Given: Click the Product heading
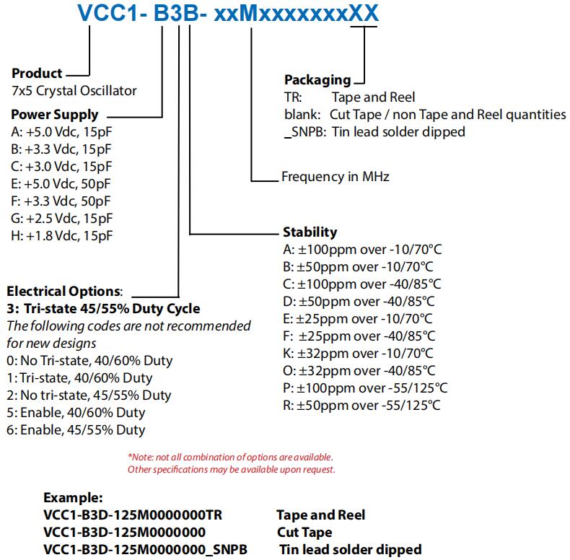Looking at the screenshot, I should pos(37,74).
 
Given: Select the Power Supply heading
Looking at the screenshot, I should pos(55,115).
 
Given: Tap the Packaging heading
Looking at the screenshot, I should pos(317,80).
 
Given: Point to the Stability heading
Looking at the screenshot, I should pos(309,232).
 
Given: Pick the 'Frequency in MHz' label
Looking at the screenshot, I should pos(336,176).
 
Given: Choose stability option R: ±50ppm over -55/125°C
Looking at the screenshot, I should pos(361,405).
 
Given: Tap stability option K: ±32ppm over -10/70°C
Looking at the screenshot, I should pos(358,353).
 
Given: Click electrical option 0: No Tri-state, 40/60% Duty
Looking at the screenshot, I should pos(89,360).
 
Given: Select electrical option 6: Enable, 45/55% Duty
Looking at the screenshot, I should pos(76,429).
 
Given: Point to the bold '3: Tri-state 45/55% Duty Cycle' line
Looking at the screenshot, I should pos(103,309).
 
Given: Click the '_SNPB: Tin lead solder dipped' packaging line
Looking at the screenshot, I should pos(374,131).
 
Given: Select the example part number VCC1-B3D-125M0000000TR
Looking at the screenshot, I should pos(133,515).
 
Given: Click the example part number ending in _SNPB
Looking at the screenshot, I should pos(145,549).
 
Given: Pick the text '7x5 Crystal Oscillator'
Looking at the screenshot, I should pos(74,91).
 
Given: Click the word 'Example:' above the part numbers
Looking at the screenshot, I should pos(72,497).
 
